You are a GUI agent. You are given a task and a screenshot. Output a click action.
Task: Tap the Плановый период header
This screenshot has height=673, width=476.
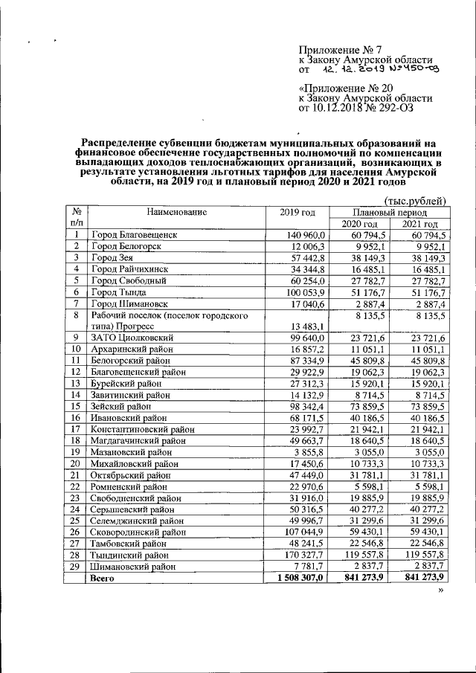390,212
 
